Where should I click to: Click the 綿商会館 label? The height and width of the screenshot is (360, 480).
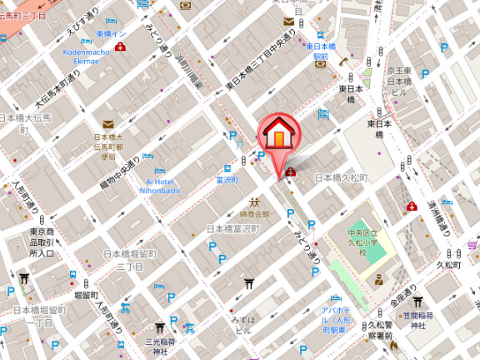click(x=256, y=214)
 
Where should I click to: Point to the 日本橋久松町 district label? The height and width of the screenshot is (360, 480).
click(x=341, y=178)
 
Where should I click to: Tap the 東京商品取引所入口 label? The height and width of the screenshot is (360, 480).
click(x=42, y=242)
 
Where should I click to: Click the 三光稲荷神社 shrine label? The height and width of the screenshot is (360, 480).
click(x=161, y=346)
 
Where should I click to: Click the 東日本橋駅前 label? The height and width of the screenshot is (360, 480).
click(x=319, y=51)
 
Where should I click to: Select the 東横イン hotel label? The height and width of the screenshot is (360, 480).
click(x=111, y=33)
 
